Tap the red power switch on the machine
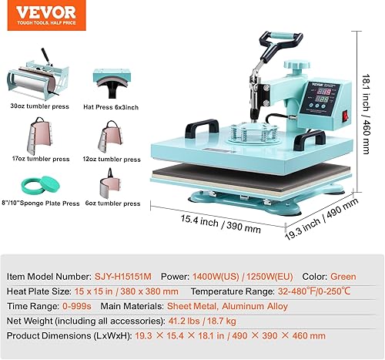346,116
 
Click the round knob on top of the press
296,65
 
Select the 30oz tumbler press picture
38,75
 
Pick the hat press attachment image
112,83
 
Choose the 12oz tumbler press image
111,137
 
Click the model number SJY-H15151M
123,277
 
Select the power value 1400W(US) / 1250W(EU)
243,277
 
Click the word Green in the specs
343,277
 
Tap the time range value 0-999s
77,306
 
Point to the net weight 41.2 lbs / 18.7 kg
203,321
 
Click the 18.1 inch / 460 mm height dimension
367,114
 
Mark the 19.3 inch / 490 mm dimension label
322,219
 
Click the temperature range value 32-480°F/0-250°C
314,291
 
